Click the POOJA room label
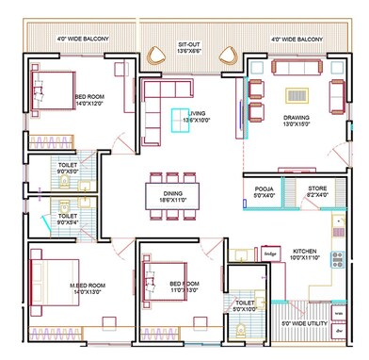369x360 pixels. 265,189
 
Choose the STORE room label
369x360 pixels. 317,189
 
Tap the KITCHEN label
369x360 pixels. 310,252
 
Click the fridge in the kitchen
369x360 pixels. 270,254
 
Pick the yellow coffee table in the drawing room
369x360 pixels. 297,94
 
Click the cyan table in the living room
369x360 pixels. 178,119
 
